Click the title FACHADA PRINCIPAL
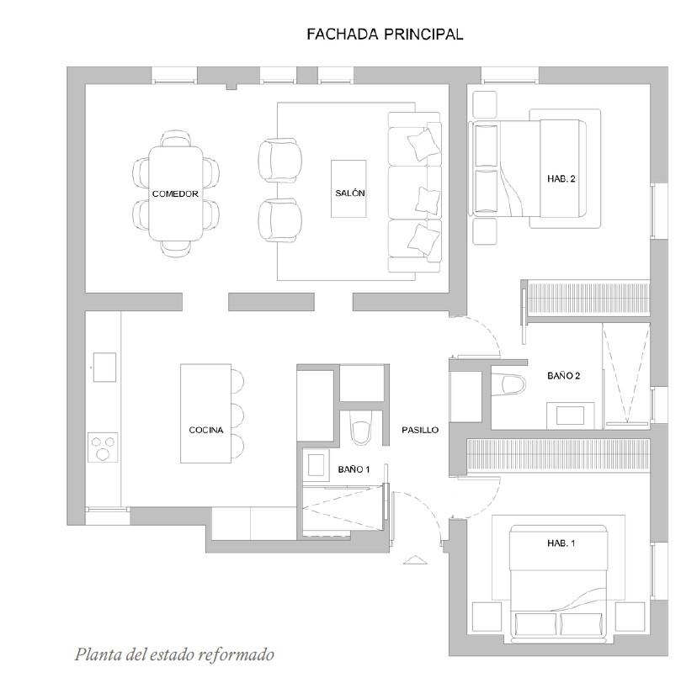[x=385, y=34]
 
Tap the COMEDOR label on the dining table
[x=175, y=194]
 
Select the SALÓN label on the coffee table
[x=350, y=193]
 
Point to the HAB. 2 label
[x=561, y=178]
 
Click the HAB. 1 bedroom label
[x=561, y=543]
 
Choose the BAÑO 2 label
[x=564, y=376]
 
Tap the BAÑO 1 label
[x=354, y=469]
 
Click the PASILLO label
[x=420, y=430]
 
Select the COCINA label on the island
[x=205, y=430]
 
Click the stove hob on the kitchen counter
[x=103, y=447]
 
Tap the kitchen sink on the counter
[x=105, y=367]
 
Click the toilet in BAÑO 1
[x=360, y=427]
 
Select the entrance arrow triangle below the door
[x=415, y=560]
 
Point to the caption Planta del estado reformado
[x=174, y=654]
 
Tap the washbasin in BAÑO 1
[x=316, y=465]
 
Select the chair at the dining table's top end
[x=176, y=139]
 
